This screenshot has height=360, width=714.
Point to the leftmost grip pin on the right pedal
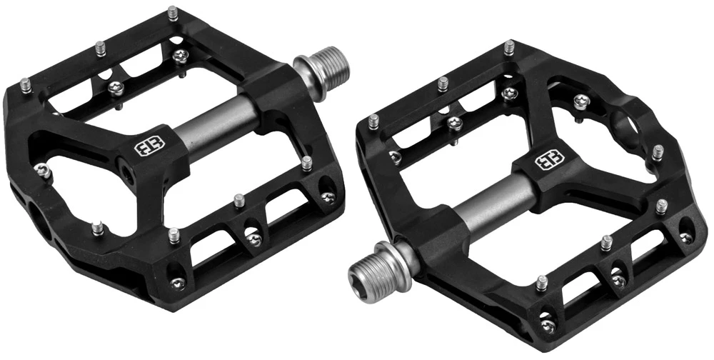[373, 122]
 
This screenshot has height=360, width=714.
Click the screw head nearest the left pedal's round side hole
[43, 170]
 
